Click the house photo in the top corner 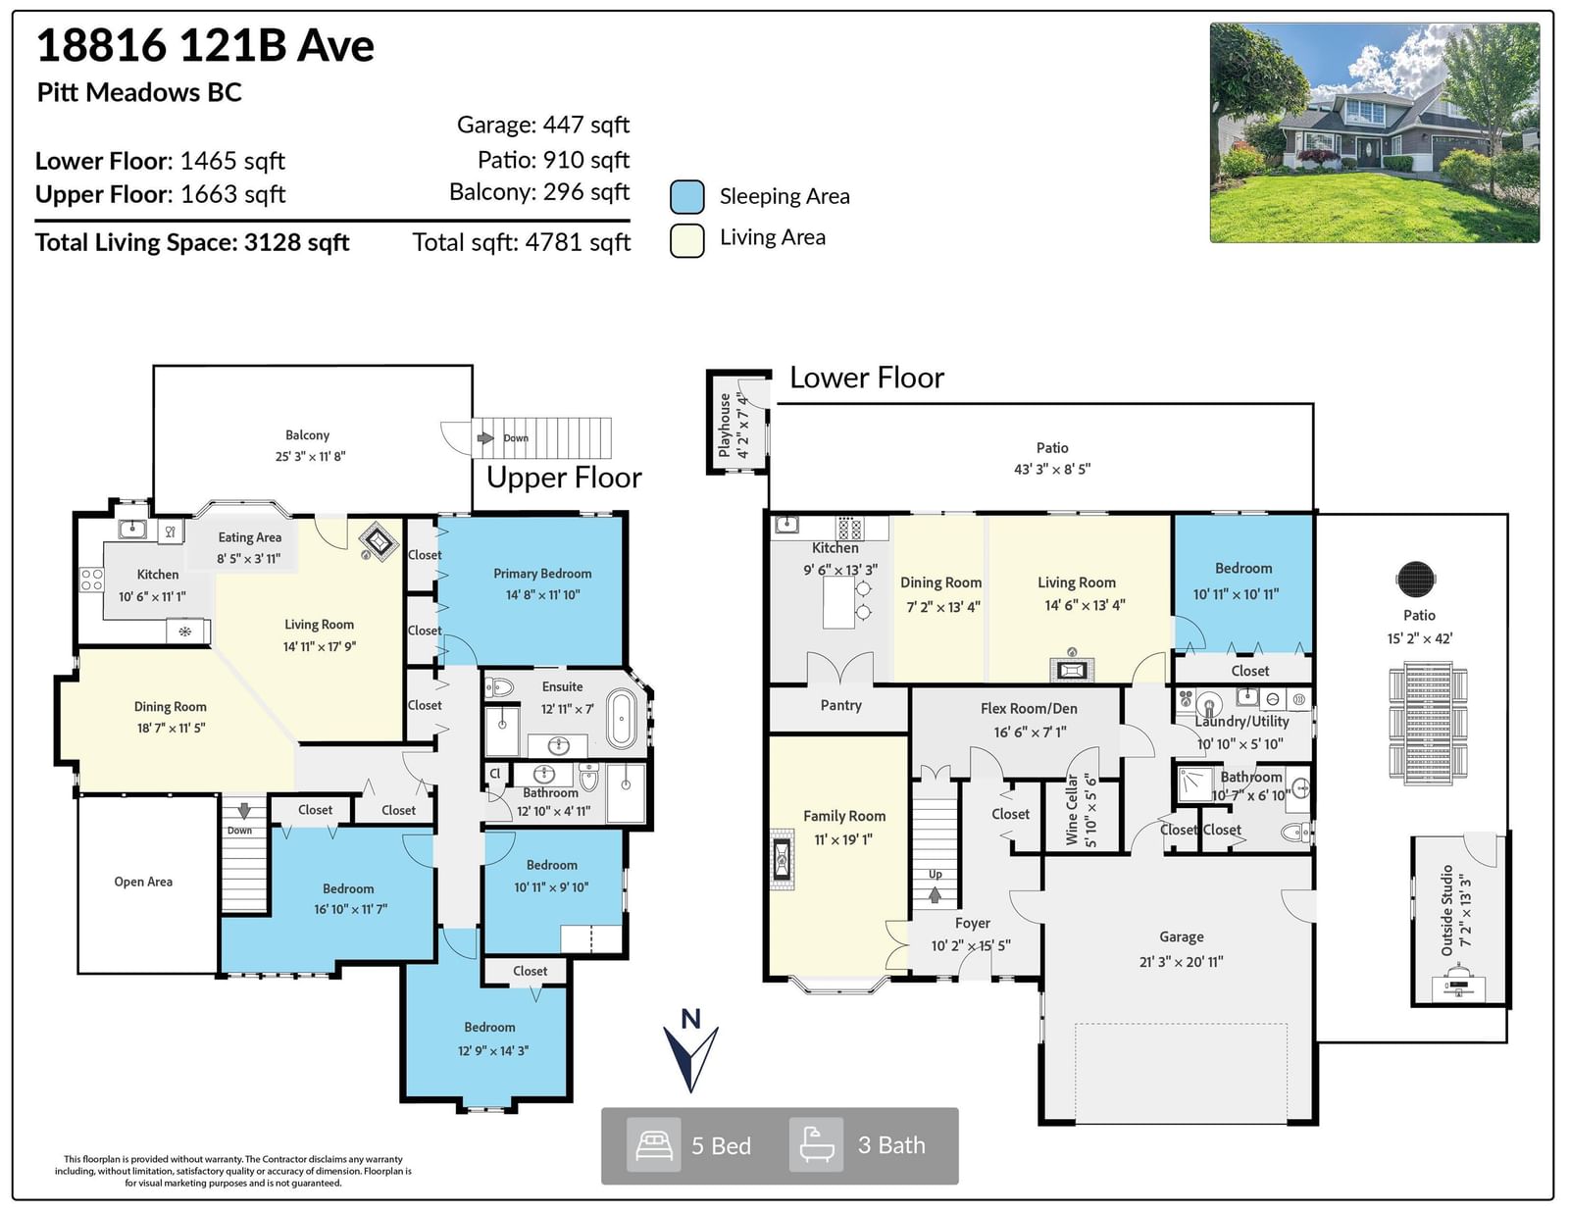[1374, 132]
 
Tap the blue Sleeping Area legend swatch [686, 197]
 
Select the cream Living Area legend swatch [686, 240]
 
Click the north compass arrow [690, 1058]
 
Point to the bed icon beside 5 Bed [653, 1144]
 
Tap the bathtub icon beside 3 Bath [817, 1144]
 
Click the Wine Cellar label [1081, 809]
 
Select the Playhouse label [733, 425]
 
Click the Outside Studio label [1455, 910]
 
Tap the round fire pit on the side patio [1416, 580]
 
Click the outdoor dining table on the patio [1428, 723]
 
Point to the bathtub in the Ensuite [622, 719]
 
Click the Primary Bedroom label [542, 574]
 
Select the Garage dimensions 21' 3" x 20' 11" [1182, 961]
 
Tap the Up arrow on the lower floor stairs [936, 894]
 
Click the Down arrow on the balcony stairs [485, 437]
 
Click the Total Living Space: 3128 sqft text [192, 242]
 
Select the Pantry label [840, 705]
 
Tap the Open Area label [143, 882]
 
